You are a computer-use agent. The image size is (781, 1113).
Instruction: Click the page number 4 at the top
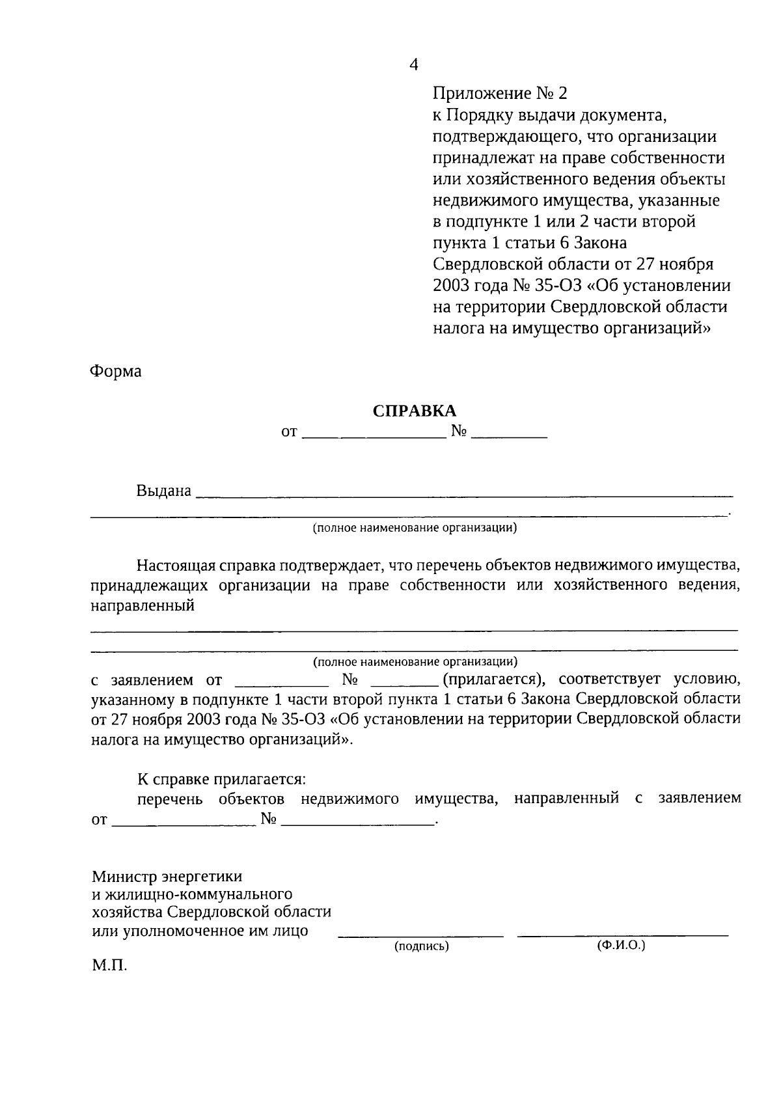pyautogui.click(x=414, y=64)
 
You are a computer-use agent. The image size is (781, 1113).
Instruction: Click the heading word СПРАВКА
pyautogui.click(x=415, y=411)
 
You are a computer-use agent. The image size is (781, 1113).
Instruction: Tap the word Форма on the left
pyautogui.click(x=115, y=372)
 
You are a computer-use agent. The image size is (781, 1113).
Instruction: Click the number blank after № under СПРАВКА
pyautogui.click(x=508, y=434)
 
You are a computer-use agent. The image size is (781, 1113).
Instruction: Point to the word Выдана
pyautogui.click(x=164, y=491)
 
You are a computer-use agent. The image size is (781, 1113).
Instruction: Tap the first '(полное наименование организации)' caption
pyautogui.click(x=415, y=528)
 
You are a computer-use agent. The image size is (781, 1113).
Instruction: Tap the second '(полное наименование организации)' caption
pyautogui.click(x=415, y=662)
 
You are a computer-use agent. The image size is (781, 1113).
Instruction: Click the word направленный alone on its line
pyautogui.click(x=143, y=606)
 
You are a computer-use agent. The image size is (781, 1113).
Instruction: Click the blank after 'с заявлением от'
pyautogui.click(x=281, y=683)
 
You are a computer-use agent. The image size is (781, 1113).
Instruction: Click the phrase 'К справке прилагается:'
pyautogui.click(x=221, y=779)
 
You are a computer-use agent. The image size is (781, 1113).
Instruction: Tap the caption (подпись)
pyautogui.click(x=422, y=946)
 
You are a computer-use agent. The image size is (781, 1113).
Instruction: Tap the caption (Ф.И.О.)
pyautogui.click(x=621, y=945)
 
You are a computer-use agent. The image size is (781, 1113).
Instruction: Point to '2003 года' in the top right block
pyautogui.click(x=468, y=286)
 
